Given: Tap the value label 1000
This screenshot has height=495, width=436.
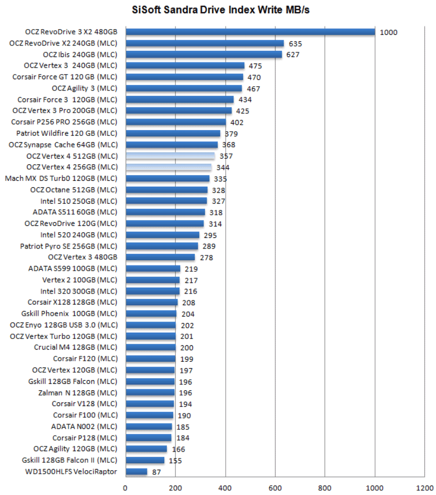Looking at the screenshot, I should (388, 33).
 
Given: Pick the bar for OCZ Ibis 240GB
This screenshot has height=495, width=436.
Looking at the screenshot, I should (203, 54).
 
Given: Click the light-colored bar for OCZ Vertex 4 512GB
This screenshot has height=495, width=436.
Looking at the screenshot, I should (170, 156).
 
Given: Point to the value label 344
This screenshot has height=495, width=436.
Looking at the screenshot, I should (223, 168).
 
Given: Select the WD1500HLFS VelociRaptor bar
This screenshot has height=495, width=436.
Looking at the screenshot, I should (136, 472).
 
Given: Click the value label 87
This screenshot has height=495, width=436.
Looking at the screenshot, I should (156, 472).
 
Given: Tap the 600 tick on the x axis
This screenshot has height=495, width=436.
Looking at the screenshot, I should (275, 488).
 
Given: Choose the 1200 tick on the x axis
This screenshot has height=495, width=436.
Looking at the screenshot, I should (424, 488).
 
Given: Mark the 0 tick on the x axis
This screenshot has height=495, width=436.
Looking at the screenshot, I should (126, 488).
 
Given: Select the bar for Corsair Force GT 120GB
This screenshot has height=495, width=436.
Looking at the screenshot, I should (184, 77).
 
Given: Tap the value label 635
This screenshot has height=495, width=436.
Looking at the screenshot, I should (295, 44).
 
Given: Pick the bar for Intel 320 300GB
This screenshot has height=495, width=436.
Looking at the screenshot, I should (152, 291).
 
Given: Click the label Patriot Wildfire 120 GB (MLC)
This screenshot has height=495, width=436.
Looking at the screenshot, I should (67, 133).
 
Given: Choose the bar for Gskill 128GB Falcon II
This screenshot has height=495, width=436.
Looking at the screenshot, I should (145, 460).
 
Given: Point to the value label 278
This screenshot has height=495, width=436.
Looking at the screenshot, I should (207, 258).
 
